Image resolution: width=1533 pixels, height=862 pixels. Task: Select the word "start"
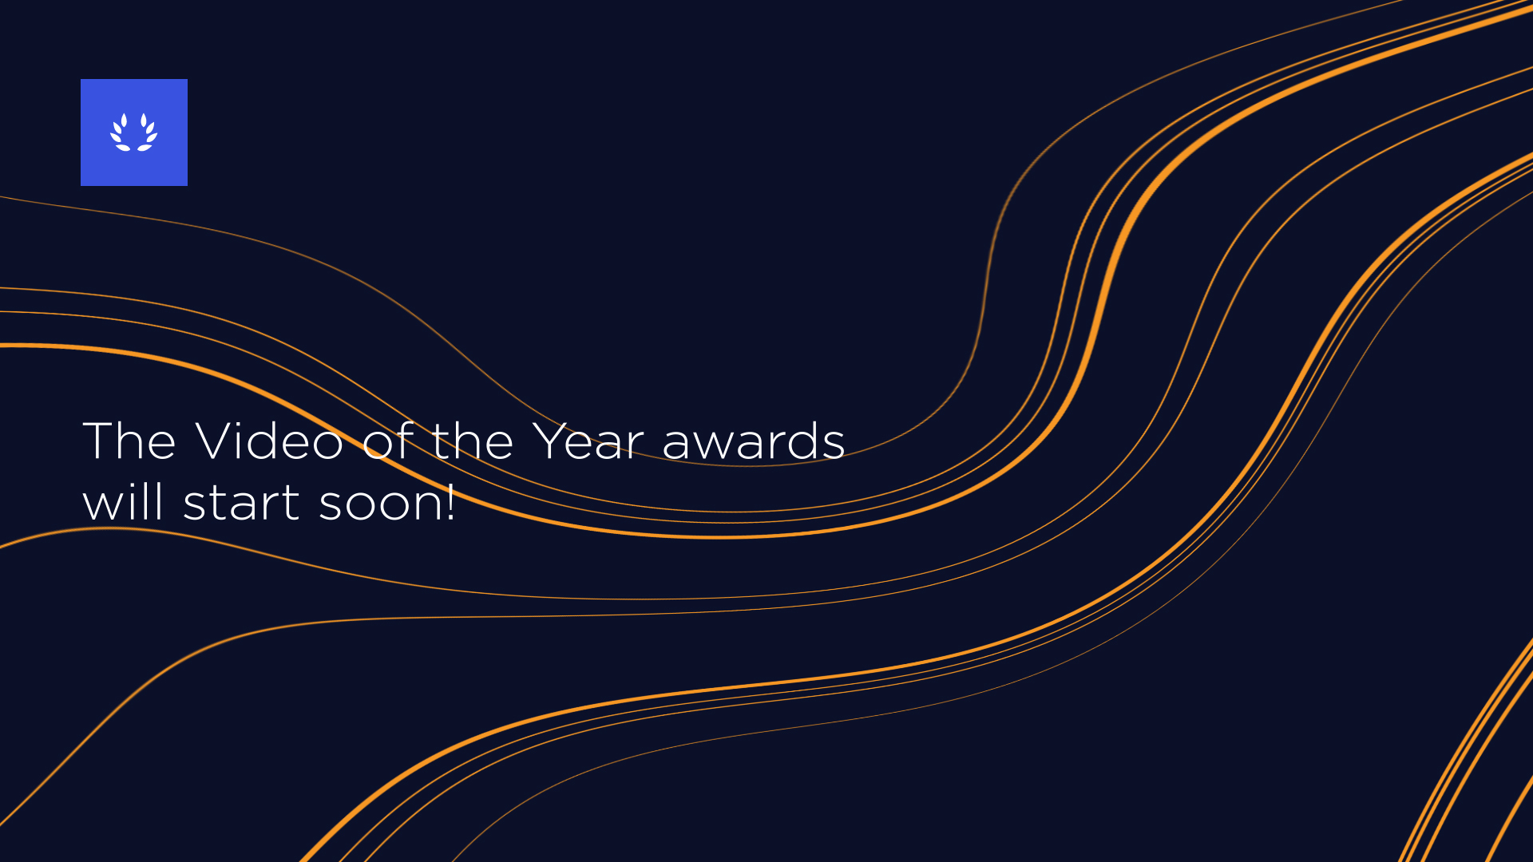point(241,503)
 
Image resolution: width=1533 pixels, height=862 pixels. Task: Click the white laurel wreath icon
point(134,132)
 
